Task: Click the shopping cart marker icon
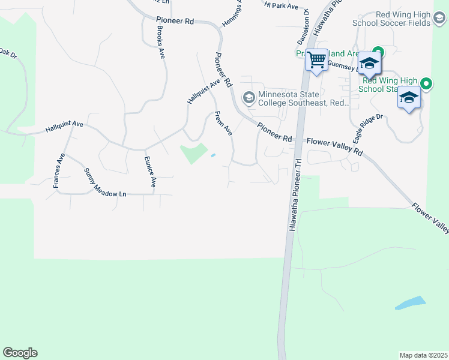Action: pyautogui.click(x=316, y=61)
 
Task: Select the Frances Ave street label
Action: pyautogui.click(x=58, y=171)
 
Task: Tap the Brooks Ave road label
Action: pyautogui.click(x=160, y=41)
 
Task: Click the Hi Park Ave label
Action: pyautogui.click(x=282, y=5)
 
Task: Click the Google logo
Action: pyautogui.click(x=20, y=353)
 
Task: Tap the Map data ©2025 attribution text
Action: pyautogui.click(x=423, y=355)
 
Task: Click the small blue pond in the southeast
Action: pyautogui.click(x=411, y=303)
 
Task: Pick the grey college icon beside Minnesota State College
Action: pyautogui.click(x=249, y=97)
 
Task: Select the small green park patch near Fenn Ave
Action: pyautogui.click(x=194, y=152)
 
